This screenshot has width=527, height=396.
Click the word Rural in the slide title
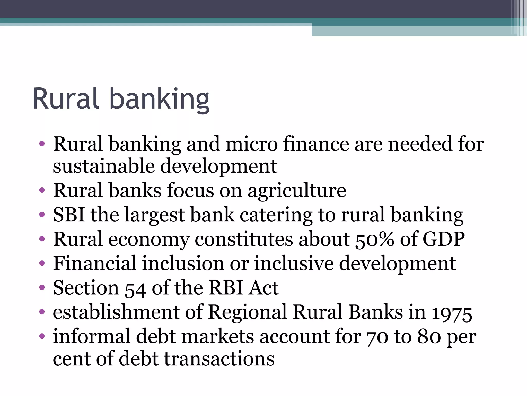click(x=66, y=99)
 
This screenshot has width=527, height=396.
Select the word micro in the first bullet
click(x=251, y=144)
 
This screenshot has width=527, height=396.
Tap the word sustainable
click(x=104, y=166)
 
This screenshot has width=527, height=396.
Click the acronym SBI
click(x=69, y=214)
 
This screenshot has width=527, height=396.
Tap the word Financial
click(x=94, y=263)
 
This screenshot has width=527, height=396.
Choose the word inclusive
click(x=294, y=263)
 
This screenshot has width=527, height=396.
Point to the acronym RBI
click(x=226, y=287)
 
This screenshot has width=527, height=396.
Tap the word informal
click(x=92, y=336)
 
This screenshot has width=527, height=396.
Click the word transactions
click(x=219, y=359)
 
